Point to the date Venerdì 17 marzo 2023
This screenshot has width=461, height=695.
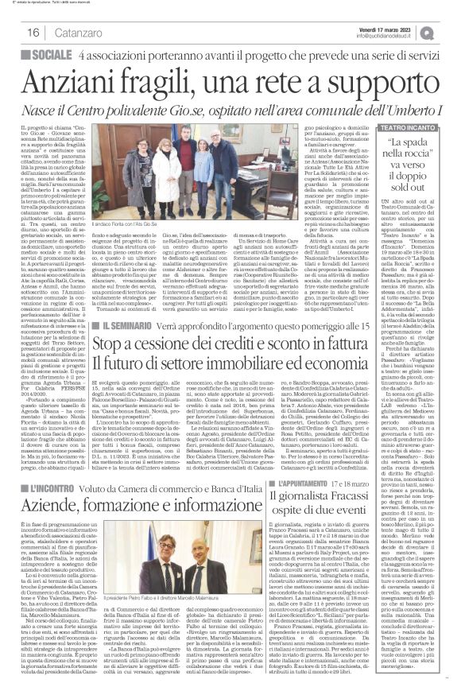[392, 26]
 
